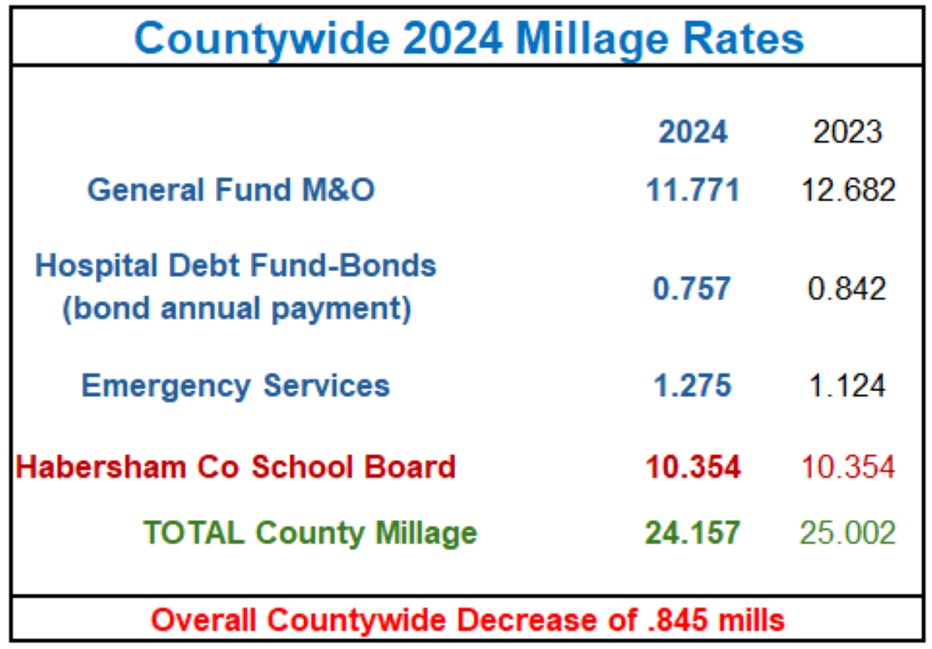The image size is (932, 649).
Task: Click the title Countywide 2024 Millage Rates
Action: pos(469,37)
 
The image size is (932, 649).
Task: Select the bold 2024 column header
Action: pos(693,131)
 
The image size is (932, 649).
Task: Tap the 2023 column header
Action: pos(848,131)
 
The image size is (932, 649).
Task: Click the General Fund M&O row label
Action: pos(231,190)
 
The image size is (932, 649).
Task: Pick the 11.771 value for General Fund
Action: pos(693,190)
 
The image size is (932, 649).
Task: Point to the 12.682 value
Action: pos(848,190)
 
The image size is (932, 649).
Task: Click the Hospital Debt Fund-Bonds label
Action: pos(236,265)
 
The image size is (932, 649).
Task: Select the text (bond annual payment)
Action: pos(236,309)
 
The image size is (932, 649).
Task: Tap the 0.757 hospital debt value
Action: pos(693,288)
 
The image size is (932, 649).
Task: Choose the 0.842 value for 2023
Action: pos(848,288)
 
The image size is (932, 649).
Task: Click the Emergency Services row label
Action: pos(235,385)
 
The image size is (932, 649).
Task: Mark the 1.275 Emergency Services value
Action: pos(693,385)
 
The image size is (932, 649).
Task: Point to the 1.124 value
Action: pos(848,385)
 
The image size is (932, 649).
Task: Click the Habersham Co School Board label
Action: pos(235,466)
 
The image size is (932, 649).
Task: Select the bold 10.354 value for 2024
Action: pos(693,466)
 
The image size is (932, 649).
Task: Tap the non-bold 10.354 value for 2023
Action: pos(848,466)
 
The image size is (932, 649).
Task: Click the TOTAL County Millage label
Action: pos(310,532)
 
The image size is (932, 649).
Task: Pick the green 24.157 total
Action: pos(693,532)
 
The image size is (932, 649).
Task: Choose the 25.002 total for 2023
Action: pos(848,532)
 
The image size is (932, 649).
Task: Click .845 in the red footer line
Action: pos(670,621)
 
